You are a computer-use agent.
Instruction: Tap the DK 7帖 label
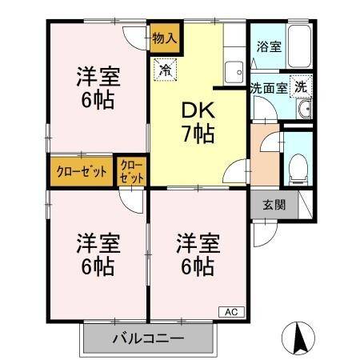coord(197,123)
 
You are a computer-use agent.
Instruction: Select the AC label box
coord(230,311)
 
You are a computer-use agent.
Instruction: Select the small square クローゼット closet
coord(131,170)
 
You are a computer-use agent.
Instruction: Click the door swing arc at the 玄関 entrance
coord(262,233)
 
